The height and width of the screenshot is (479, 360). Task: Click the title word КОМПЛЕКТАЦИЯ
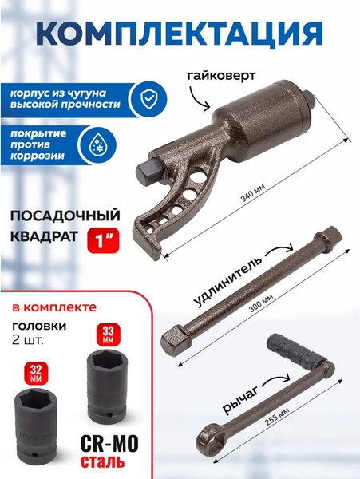point(180,34)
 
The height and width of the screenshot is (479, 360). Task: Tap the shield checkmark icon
point(148,97)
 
